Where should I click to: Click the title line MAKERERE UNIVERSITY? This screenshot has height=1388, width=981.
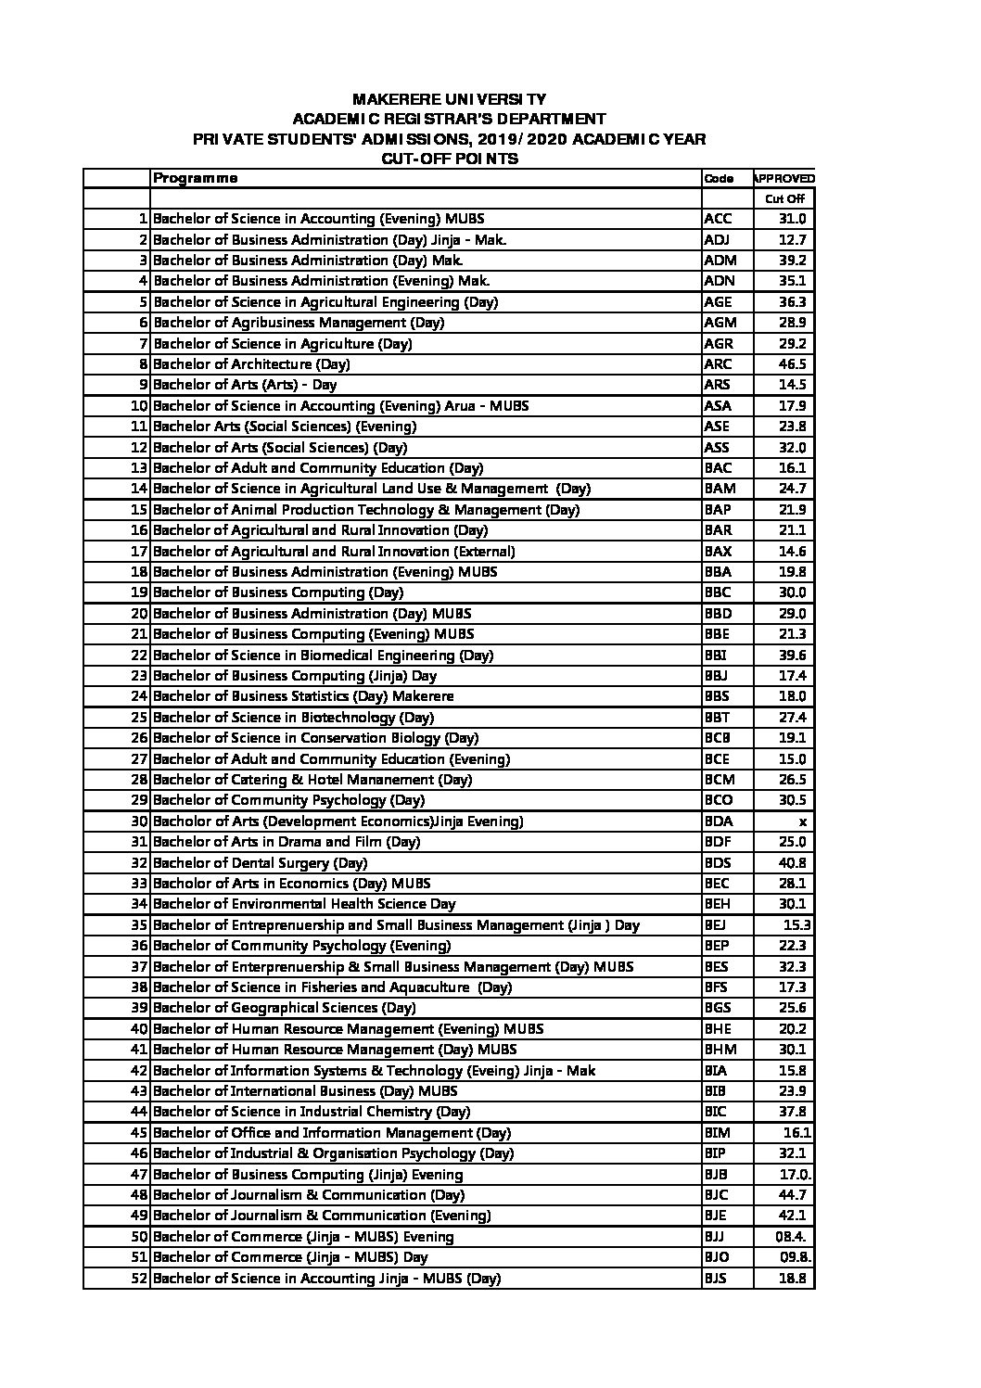point(450,99)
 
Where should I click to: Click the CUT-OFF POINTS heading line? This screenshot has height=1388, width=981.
point(450,159)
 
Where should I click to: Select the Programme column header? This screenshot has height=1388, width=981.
point(196,178)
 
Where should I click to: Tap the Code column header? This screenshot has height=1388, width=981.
point(719,179)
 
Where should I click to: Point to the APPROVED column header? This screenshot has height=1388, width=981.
point(784,179)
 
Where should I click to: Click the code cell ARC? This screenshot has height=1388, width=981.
point(718,364)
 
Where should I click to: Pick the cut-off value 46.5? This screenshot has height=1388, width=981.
point(793,364)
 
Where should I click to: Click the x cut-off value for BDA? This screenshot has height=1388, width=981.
point(803,821)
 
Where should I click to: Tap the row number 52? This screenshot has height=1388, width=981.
point(139,1279)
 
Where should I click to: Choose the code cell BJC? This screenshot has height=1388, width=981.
point(718,1195)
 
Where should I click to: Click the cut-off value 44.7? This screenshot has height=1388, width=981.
point(793,1195)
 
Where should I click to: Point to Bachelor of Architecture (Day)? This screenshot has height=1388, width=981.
point(251,364)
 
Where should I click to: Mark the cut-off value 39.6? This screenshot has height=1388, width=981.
point(793,656)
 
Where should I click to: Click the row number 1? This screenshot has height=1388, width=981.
point(143,219)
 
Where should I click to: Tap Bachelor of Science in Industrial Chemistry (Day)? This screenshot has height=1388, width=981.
point(312,1112)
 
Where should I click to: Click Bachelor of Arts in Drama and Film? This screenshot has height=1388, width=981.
point(287,842)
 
